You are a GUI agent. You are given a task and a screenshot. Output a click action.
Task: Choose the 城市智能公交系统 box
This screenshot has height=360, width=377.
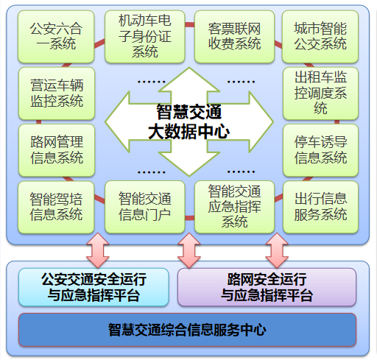(320, 35)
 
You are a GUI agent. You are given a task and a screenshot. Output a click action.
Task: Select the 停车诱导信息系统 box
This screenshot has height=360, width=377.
(320, 149)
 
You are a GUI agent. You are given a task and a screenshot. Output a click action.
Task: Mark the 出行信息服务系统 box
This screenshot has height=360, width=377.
(320, 207)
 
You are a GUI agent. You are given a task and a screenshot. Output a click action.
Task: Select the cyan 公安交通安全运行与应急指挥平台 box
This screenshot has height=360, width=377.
(93, 287)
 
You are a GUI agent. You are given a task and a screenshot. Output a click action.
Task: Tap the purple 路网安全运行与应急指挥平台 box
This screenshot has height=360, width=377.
(267, 287)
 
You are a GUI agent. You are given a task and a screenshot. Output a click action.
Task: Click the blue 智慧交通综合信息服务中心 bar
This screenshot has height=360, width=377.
(187, 329)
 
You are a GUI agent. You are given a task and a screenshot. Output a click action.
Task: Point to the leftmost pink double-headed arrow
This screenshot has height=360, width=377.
(97, 250)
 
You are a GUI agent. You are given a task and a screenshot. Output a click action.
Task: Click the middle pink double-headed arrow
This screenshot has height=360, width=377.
(188, 250)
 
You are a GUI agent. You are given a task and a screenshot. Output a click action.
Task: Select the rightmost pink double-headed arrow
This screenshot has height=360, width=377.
(277, 250)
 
